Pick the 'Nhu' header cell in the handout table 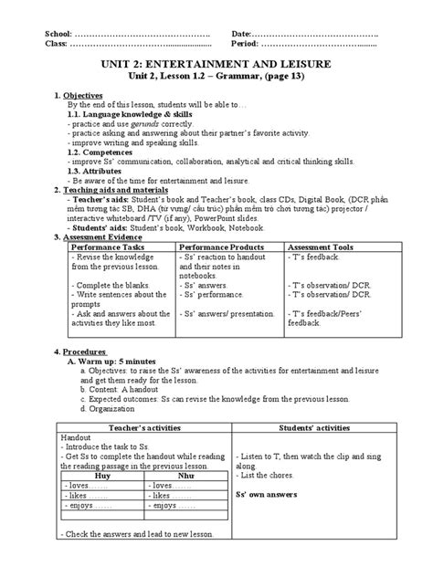(187, 475)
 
